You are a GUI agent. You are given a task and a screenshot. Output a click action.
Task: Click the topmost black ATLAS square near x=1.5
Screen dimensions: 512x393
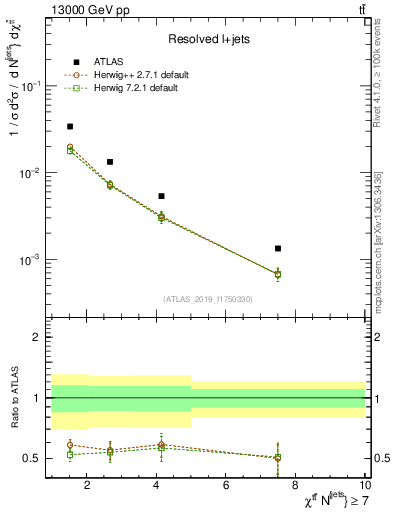tap(69, 126)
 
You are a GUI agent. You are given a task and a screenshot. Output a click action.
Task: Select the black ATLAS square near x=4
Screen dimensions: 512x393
tap(161, 196)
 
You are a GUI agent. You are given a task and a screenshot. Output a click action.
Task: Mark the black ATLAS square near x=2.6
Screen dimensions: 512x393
tap(109, 161)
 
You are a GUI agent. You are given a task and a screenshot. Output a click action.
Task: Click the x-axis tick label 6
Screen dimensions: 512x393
tap(226, 487)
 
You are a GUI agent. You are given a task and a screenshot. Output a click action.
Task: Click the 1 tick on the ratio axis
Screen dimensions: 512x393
tap(37, 398)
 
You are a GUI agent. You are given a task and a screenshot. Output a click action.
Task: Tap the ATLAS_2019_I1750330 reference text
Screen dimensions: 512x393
tap(209, 299)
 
